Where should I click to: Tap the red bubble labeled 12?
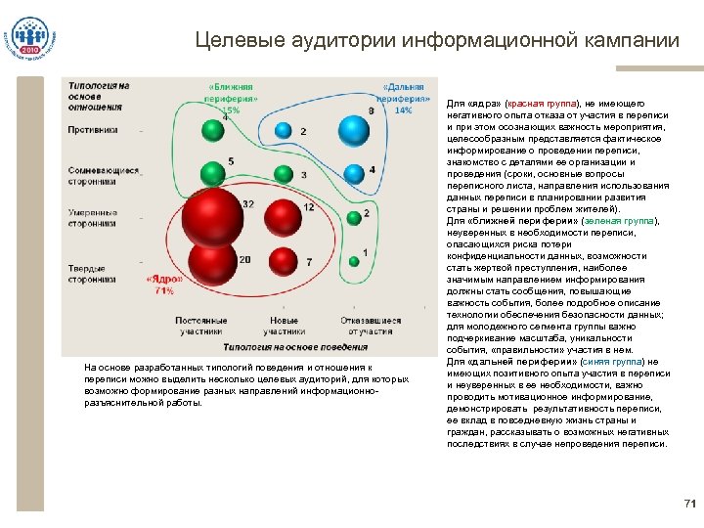point(284,217)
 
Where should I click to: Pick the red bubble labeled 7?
point(284,261)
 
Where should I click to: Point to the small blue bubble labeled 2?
point(284,129)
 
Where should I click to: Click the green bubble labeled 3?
point(284,175)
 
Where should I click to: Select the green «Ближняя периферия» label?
point(232,97)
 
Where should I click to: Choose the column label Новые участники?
point(284,327)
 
